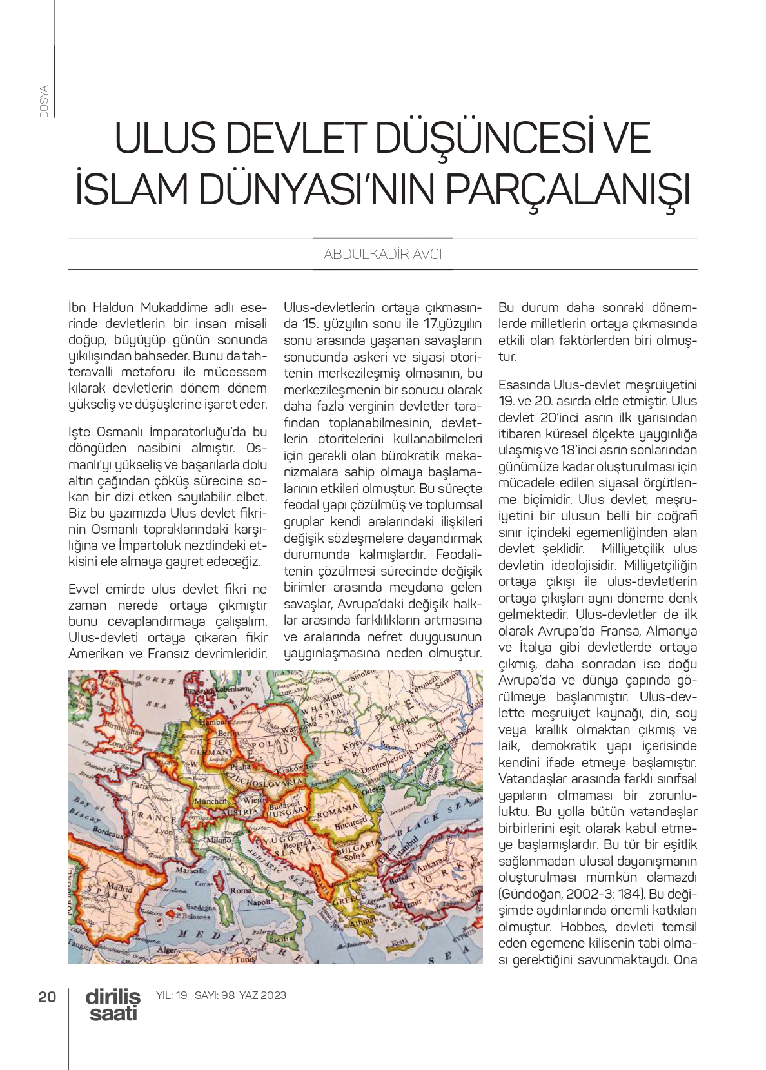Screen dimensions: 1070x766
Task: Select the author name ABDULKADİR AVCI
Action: pyautogui.click(x=382, y=255)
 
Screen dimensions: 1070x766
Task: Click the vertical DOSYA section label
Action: pyautogui.click(x=44, y=101)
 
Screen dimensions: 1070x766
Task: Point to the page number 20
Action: pyautogui.click(x=47, y=997)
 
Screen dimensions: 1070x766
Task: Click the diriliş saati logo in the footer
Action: pyautogui.click(x=113, y=1004)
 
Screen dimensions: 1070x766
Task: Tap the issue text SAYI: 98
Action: pyautogui.click(x=214, y=995)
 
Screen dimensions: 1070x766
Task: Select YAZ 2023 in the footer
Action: pyautogui.click(x=262, y=995)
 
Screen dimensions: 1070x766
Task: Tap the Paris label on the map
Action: pyautogui.click(x=140, y=785)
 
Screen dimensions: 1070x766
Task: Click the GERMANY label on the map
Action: pyautogui.click(x=211, y=752)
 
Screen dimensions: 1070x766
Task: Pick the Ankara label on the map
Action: pyautogui.click(x=429, y=863)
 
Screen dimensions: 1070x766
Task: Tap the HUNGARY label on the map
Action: pyautogui.click(x=288, y=813)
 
